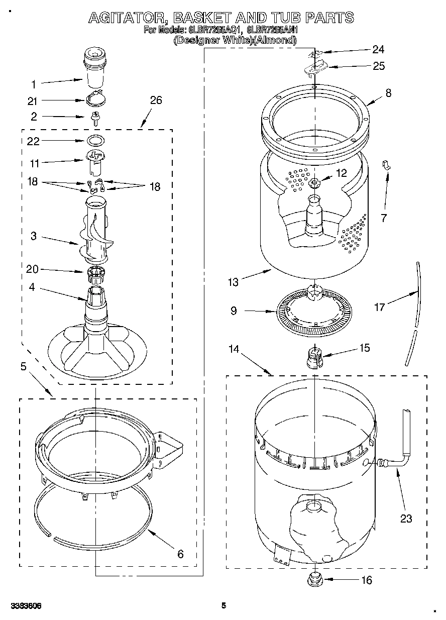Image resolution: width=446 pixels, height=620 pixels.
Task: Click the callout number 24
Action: tap(378, 49)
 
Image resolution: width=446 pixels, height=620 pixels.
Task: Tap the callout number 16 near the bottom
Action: tap(367, 580)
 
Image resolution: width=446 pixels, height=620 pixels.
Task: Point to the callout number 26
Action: tap(156, 100)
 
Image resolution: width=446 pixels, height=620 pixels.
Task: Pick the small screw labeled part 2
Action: tap(94, 118)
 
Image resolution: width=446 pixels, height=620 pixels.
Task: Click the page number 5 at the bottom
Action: tap(224, 605)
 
